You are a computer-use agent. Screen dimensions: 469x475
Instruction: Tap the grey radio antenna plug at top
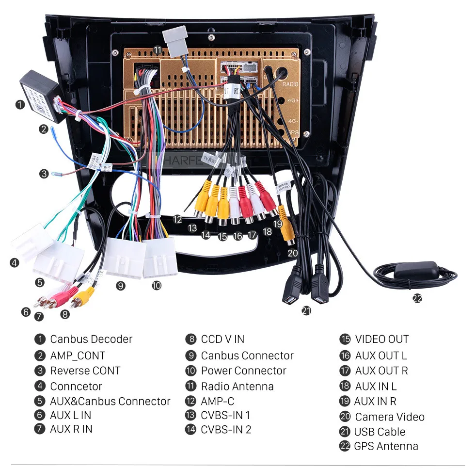174,39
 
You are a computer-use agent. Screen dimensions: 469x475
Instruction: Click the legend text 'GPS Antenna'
386,446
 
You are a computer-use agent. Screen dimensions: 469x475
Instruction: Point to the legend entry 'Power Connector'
243,371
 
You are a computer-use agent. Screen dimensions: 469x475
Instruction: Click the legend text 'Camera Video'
389,417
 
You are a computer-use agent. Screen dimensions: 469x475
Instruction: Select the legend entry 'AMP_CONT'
78,356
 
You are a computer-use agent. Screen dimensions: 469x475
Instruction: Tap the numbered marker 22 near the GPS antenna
417,298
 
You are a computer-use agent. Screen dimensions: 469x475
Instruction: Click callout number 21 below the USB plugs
306,311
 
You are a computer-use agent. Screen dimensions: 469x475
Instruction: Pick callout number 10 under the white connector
156,286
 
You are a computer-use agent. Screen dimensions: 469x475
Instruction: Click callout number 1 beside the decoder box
19,104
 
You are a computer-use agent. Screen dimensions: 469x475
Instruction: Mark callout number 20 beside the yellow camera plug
292,253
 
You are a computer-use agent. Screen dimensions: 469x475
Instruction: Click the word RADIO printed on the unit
291,84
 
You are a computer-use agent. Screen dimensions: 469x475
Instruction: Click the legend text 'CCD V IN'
222,339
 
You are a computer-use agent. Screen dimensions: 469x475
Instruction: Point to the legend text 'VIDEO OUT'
381,339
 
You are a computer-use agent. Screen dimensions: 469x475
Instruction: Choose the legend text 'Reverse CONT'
85,371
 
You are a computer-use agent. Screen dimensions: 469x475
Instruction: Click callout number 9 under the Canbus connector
121,286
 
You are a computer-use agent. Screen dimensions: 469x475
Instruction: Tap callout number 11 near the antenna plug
158,50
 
